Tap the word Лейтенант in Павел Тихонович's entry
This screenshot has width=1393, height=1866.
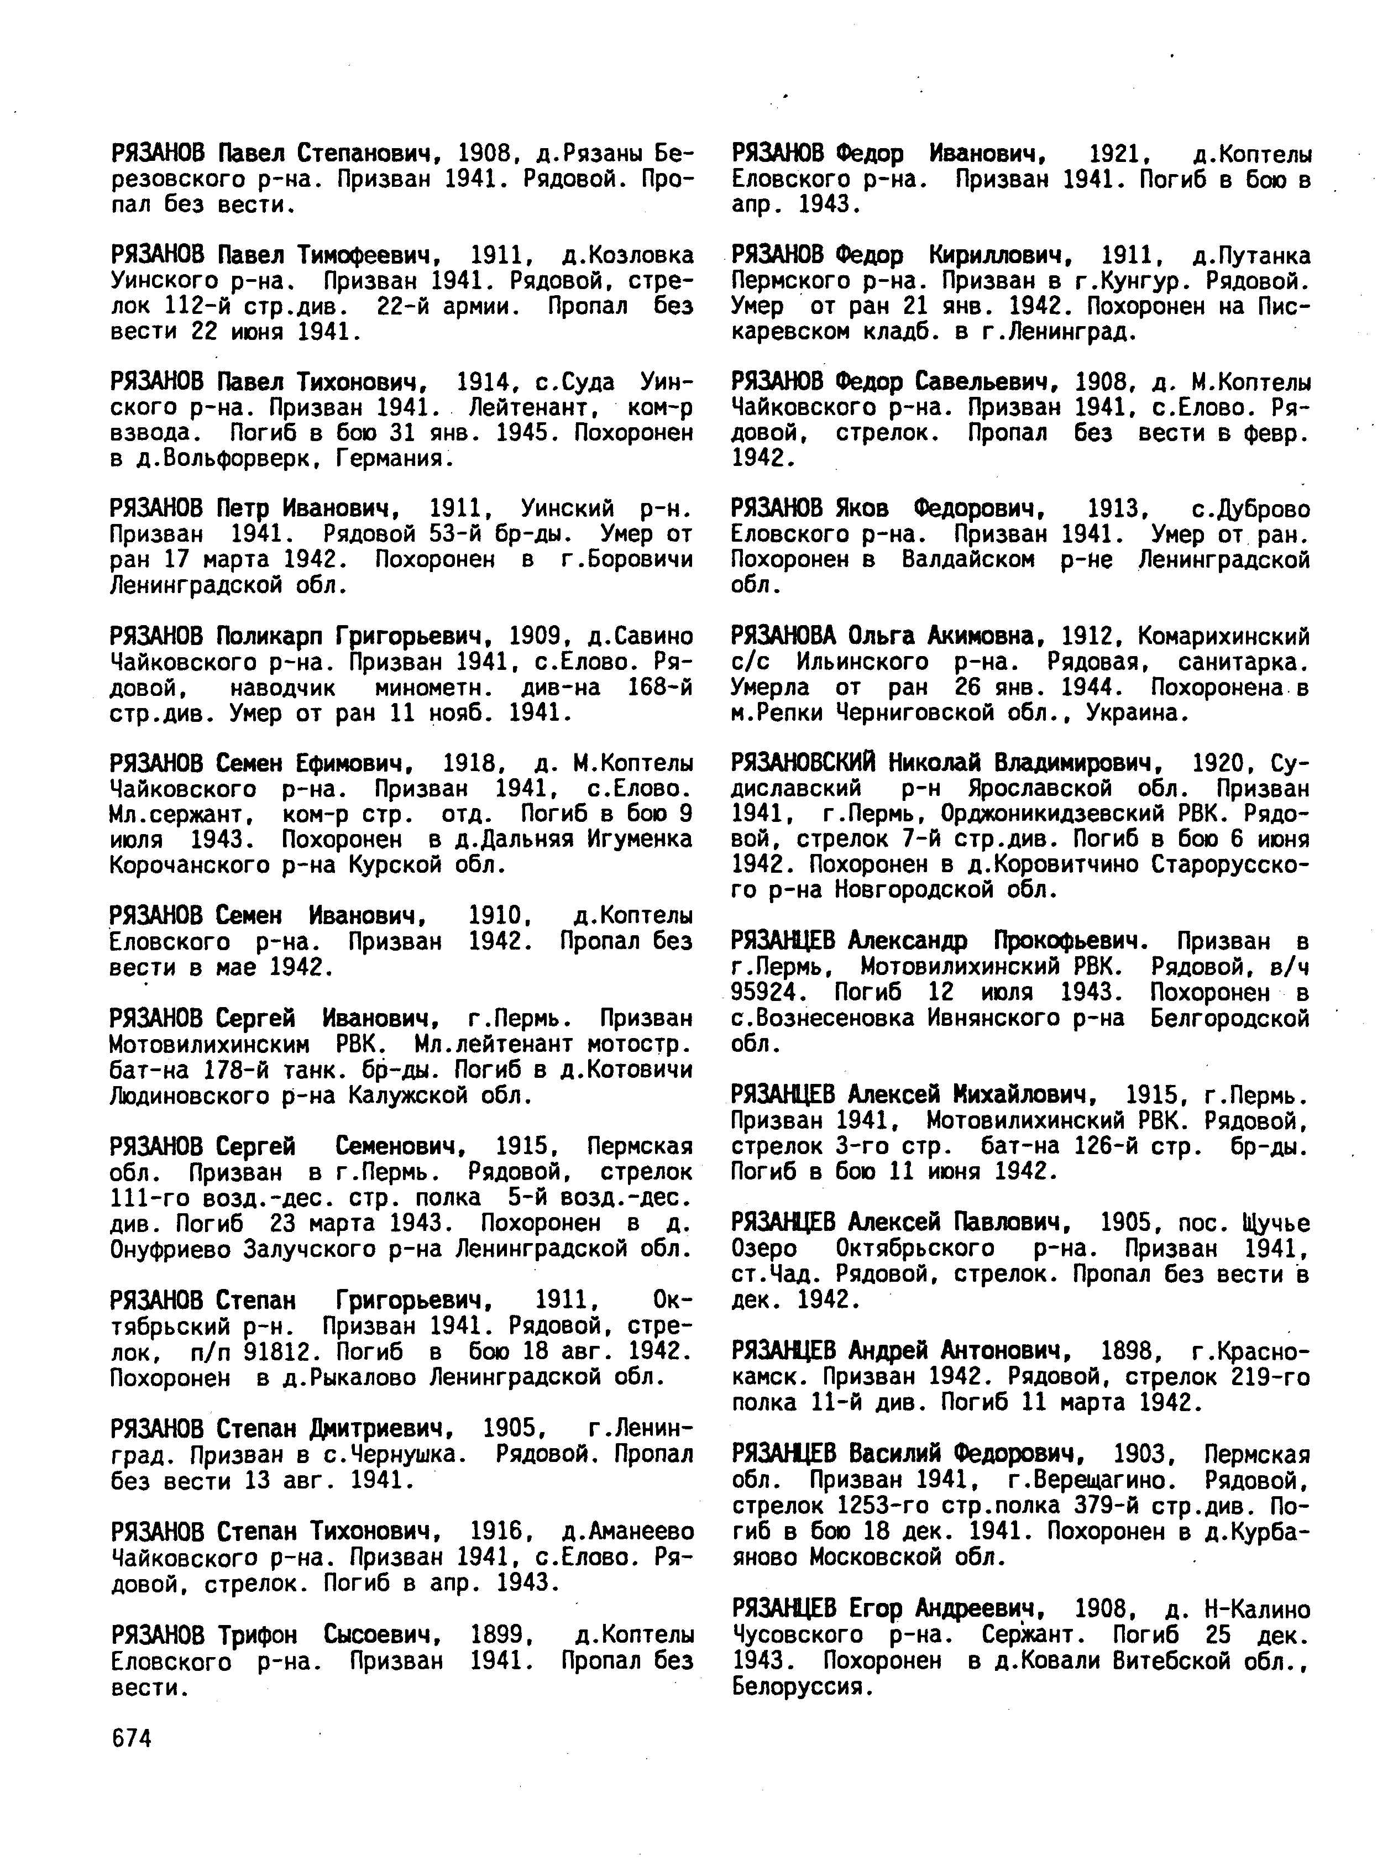532,408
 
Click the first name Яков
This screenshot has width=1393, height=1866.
860,509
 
